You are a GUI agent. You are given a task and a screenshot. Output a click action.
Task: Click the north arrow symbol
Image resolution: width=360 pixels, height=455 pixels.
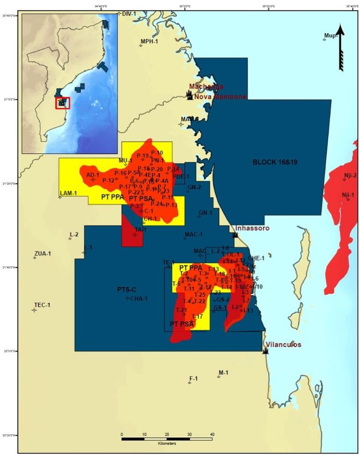tap(341, 47)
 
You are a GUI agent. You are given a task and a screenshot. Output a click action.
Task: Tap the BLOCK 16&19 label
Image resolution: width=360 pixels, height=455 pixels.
tap(275, 162)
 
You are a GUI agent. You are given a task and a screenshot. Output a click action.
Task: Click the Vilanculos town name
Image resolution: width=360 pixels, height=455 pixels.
tap(283, 344)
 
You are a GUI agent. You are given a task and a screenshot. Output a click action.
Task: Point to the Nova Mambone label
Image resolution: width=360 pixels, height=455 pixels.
tap(218, 96)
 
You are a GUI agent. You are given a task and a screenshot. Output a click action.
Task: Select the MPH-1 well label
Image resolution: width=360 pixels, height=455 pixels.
tap(150, 42)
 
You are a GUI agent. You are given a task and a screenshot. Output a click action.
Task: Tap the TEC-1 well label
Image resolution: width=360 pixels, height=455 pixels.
tap(42, 305)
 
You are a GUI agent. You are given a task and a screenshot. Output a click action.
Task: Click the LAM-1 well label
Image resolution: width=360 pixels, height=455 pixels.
tap(68, 193)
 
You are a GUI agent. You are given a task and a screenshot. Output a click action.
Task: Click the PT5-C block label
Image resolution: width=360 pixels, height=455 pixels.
tap(127, 290)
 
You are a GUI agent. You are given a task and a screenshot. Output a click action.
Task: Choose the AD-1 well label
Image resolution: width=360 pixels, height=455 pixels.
tap(93, 175)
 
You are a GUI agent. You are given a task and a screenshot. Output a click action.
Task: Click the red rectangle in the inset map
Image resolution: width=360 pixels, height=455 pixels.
tap(62, 103)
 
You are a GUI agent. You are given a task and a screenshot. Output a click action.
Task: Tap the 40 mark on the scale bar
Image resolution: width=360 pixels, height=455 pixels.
tap(212, 434)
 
